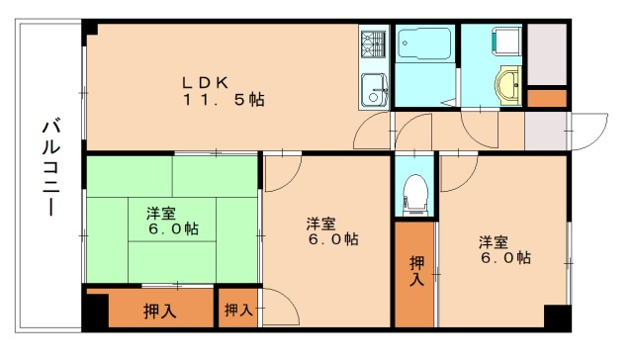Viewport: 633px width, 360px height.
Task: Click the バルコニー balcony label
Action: click(50, 168)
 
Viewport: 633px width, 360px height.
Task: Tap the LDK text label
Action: click(207, 82)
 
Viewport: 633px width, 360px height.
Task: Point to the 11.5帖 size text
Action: click(224, 100)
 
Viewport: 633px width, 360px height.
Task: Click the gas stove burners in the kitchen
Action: click(374, 45)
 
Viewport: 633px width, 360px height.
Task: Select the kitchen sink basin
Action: click(373, 88)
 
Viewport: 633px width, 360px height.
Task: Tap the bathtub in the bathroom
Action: click(424, 45)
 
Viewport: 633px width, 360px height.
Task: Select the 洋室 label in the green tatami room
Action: click(162, 212)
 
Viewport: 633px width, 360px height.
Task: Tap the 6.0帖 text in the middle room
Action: click(331, 239)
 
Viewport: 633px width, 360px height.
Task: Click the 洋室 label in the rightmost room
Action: click(495, 241)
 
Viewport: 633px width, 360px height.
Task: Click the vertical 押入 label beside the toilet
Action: click(416, 271)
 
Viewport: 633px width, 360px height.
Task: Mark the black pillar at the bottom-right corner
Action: click(557, 318)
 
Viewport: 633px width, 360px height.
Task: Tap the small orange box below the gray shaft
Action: click(547, 98)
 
